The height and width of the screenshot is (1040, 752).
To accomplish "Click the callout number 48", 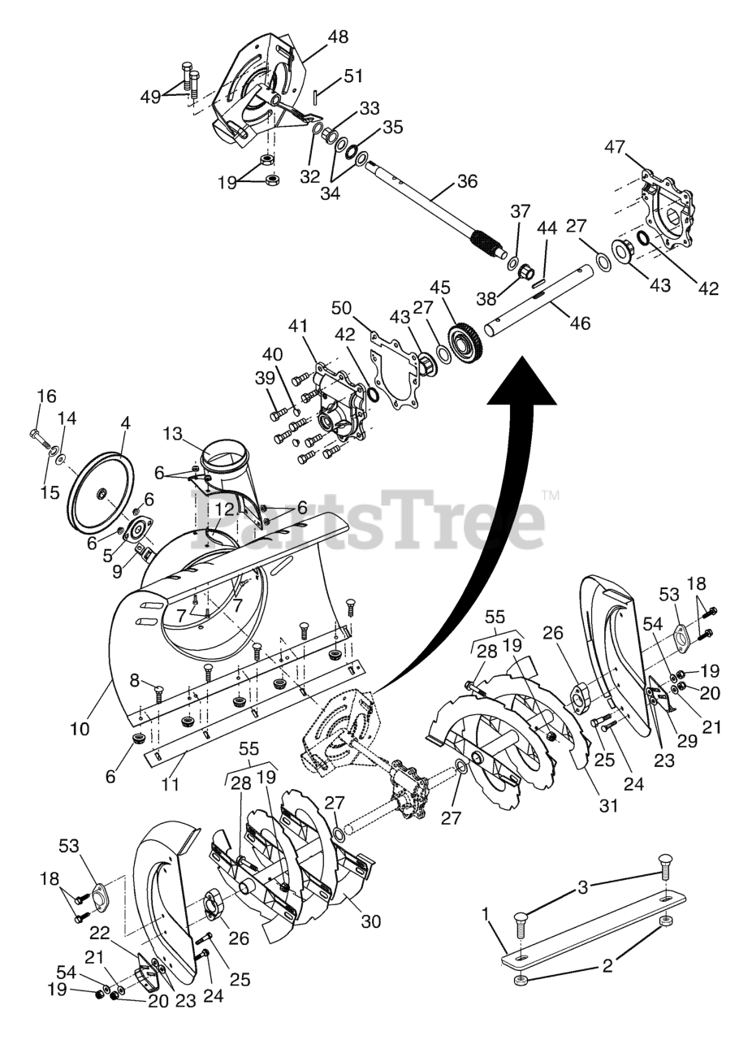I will (339, 37).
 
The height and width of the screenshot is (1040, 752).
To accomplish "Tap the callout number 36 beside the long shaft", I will (467, 181).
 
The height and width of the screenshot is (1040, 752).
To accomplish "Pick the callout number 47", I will (637, 147).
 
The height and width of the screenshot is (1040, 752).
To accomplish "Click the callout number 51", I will (352, 77).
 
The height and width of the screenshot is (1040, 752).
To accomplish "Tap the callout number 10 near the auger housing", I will (80, 729).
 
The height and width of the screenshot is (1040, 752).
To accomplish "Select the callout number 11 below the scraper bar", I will (171, 786).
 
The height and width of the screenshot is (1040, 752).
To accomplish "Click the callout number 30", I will (370, 921).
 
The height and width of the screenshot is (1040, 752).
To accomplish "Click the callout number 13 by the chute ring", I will (173, 435).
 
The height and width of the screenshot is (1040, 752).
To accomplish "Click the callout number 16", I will (46, 396).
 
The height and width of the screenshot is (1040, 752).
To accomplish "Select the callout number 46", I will (579, 323).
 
